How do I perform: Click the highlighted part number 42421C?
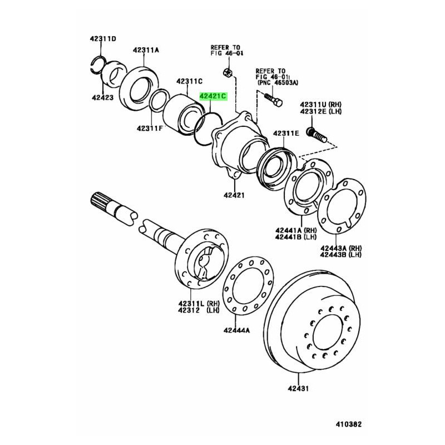coord(213,96)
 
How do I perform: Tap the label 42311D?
coord(103,38)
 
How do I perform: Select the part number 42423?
coord(102,98)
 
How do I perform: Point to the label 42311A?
coord(146,50)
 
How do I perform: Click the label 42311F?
coord(150,128)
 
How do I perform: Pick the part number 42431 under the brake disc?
coord(298,388)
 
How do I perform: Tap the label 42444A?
coord(236,330)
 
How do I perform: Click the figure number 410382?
coord(349,424)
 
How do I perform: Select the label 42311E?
coord(286,133)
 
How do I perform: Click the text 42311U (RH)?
coord(321,105)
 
